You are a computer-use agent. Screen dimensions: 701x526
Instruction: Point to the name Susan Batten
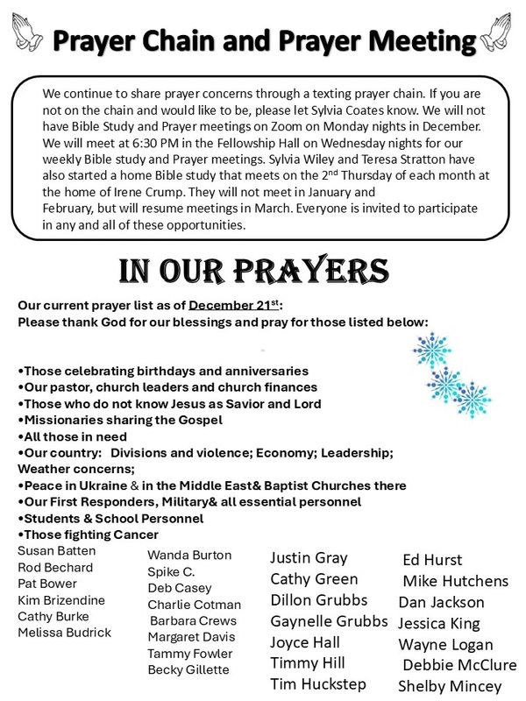(x=57, y=551)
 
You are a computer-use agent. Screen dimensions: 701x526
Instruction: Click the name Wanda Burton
(x=189, y=555)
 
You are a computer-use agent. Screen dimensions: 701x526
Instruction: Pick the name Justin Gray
(x=309, y=557)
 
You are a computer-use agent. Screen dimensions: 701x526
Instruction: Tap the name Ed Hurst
(x=432, y=560)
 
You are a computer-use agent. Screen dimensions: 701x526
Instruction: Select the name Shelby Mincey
(x=450, y=686)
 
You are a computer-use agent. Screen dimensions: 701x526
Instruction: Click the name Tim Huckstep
(x=317, y=683)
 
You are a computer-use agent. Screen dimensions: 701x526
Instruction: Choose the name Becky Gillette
(x=188, y=669)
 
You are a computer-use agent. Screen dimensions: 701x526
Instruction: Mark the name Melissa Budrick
(x=64, y=633)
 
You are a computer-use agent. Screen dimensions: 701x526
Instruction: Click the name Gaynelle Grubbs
(x=329, y=621)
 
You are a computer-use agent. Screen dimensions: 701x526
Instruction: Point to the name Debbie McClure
(x=459, y=665)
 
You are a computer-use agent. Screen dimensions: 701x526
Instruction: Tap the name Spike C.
(x=171, y=571)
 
